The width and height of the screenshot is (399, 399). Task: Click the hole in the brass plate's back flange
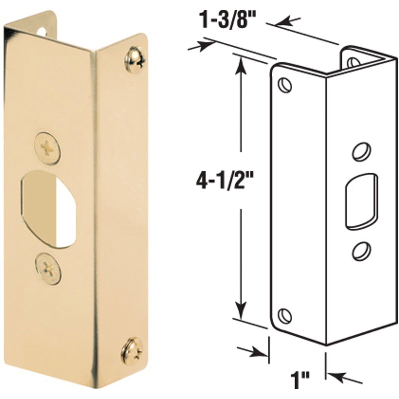pyautogui.click(x=42, y=32)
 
